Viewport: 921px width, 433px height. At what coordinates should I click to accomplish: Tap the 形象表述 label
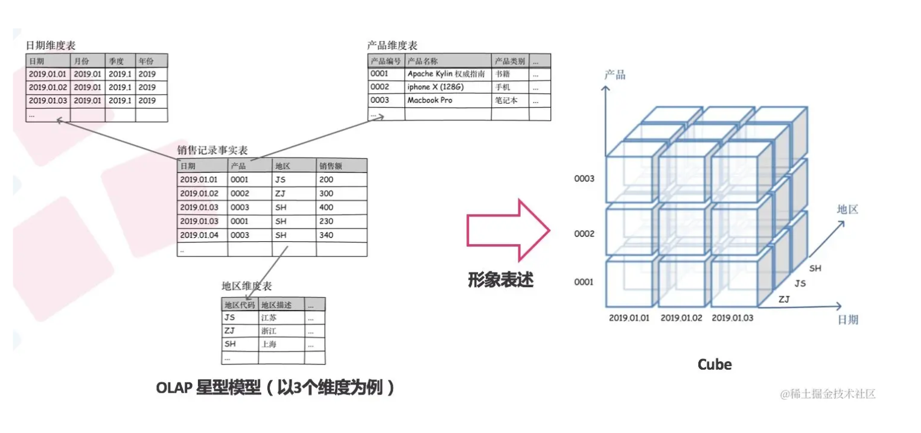(500, 279)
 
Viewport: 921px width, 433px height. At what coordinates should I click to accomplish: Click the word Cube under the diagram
(714, 364)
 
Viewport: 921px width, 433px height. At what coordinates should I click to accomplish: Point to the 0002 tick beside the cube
(584, 234)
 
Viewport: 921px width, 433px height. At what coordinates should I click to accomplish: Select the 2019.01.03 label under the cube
(732, 318)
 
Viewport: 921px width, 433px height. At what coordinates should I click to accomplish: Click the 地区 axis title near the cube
(847, 210)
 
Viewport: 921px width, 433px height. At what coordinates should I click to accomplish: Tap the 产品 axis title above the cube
(615, 75)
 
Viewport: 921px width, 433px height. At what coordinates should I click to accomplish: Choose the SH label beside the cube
(815, 268)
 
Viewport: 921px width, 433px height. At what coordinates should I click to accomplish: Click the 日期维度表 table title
(51, 46)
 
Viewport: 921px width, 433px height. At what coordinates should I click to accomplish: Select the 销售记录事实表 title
(212, 150)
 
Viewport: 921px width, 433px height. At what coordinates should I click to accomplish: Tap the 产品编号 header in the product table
(386, 61)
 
